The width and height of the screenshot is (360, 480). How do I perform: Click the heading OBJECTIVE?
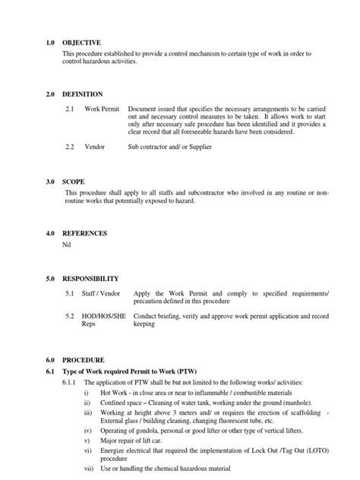[x=81, y=43]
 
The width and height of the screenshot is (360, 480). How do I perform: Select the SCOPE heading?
[x=74, y=182]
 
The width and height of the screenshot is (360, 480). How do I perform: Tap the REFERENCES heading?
[x=84, y=233]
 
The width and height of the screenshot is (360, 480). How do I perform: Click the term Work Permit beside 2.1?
[x=101, y=109]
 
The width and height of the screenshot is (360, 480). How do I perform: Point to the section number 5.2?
[x=70, y=315]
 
